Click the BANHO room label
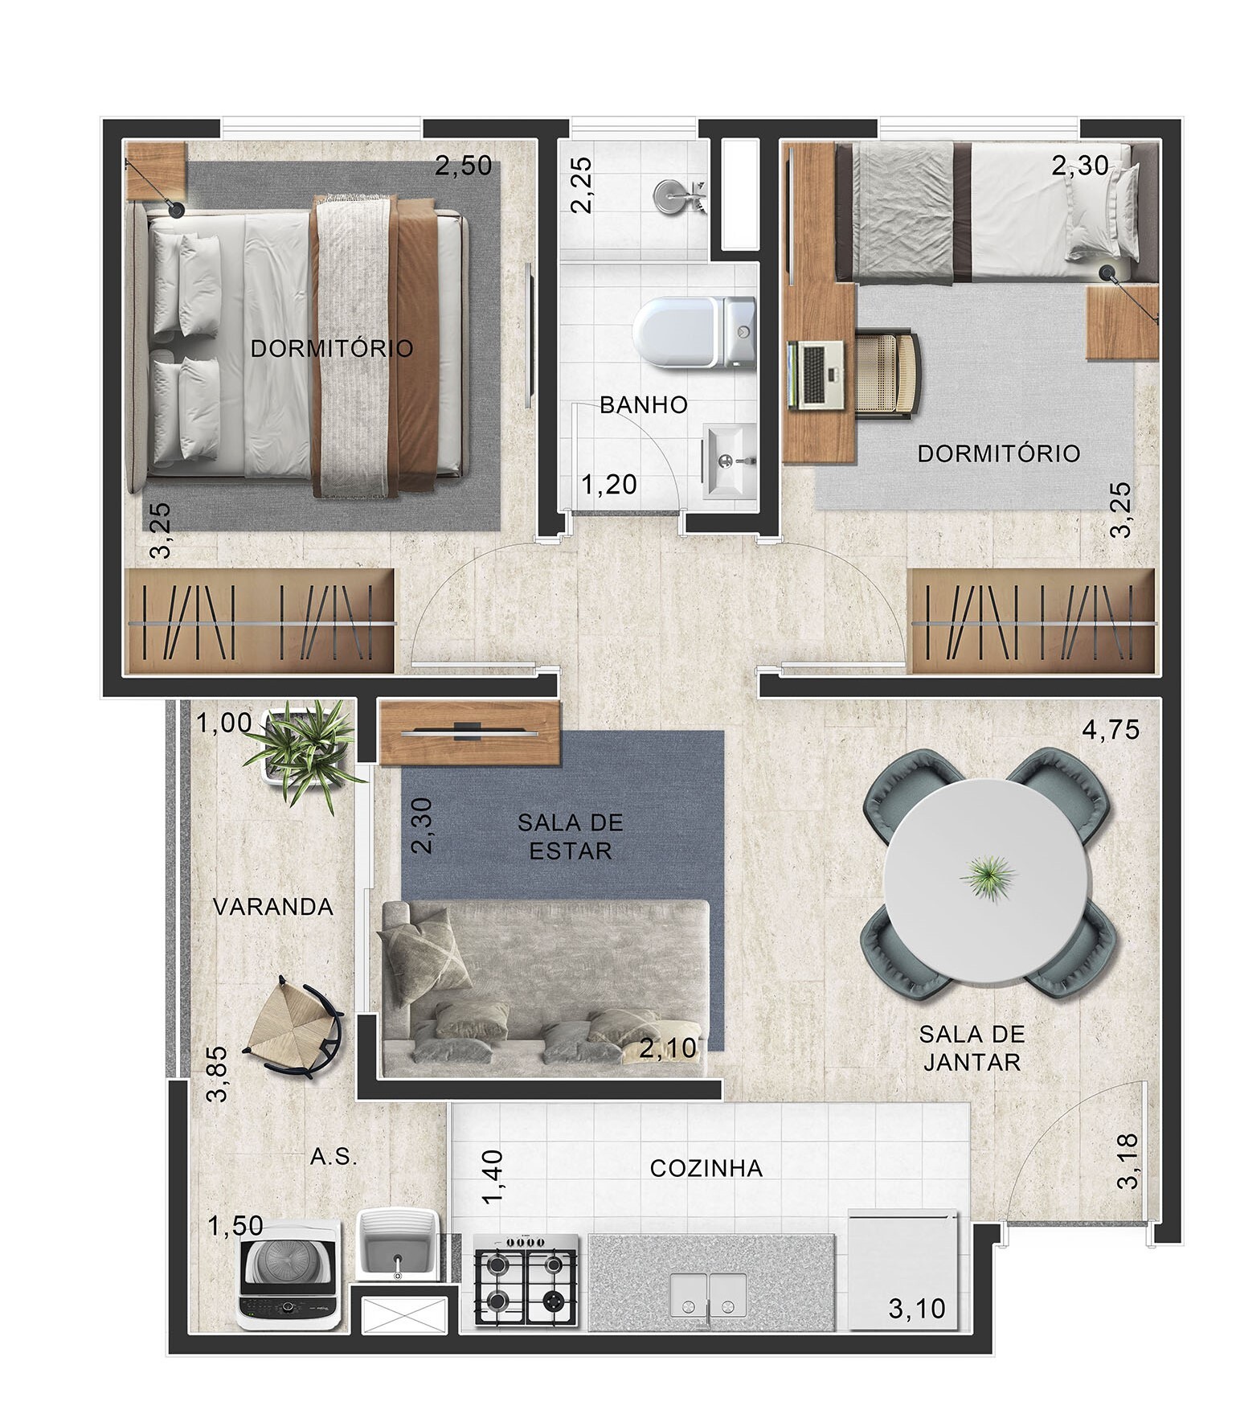(644, 404)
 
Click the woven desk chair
(890, 374)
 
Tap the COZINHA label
(706, 1168)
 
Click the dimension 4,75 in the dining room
(1111, 731)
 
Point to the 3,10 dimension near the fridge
(916, 1310)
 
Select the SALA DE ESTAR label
(570, 836)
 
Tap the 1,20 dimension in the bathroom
(609, 484)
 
